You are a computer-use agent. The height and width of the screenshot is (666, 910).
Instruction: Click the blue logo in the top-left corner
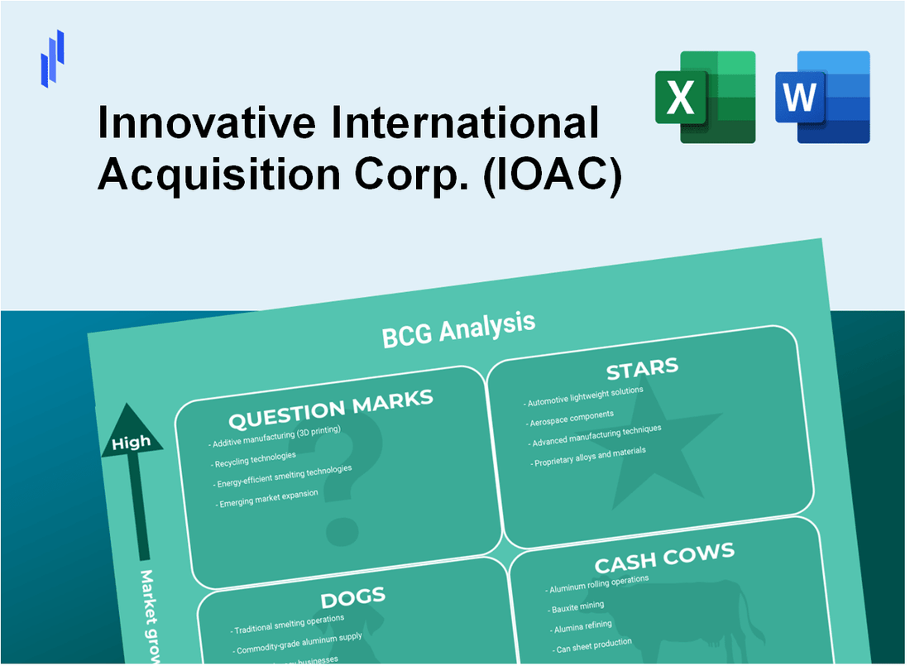[x=53, y=58]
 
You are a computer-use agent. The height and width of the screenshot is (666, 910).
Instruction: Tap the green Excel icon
[x=705, y=97]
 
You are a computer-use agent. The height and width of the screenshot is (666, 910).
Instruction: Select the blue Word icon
[x=822, y=97]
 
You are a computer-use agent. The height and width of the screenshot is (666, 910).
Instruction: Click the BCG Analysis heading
[x=458, y=328]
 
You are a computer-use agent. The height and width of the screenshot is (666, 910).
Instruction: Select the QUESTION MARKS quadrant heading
[x=330, y=409]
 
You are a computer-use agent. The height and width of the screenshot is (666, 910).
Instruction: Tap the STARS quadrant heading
[x=642, y=367]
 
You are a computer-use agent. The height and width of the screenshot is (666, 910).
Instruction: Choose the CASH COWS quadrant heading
[x=664, y=559]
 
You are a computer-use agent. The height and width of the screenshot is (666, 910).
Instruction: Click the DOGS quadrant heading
[x=352, y=597]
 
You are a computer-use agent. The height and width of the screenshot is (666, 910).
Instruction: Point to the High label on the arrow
[x=132, y=442]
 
